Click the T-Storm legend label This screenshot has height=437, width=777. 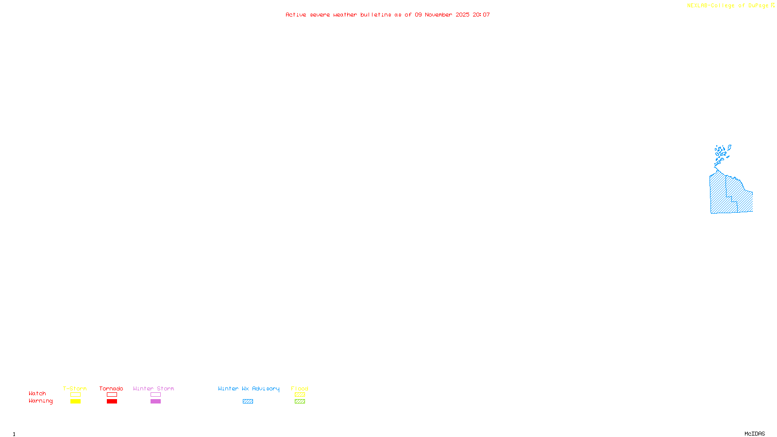pos(75,388)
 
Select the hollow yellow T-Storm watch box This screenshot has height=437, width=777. pos(75,395)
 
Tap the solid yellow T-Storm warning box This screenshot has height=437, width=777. pos(75,402)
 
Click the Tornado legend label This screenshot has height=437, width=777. pos(111,388)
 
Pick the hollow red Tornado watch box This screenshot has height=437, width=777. pos(112,395)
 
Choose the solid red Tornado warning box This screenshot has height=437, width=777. pos(112,402)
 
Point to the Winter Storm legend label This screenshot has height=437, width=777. pos(153,388)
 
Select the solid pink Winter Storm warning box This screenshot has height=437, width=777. pos(155,402)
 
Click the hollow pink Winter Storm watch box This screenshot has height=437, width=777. pos(155,395)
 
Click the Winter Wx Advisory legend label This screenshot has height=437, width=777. pos(249,388)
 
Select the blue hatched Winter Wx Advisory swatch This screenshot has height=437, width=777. pos(248,402)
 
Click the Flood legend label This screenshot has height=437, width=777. pos(300,388)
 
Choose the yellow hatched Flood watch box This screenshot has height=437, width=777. pos(300,395)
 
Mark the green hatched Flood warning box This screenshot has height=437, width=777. pos(300,402)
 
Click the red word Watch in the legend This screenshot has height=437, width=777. pos(37,394)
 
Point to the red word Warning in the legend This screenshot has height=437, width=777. pos(41,401)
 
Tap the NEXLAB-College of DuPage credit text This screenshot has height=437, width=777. pos(728,5)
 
